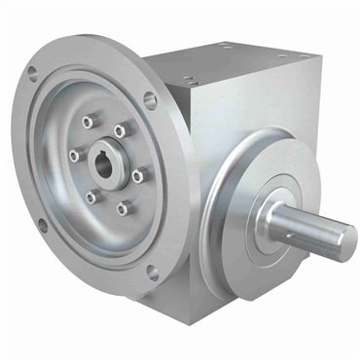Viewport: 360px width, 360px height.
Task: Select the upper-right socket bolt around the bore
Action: (121, 130)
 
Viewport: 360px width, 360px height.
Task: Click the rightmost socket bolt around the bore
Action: (137, 176)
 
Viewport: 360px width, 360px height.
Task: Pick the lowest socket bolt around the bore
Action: (123, 207)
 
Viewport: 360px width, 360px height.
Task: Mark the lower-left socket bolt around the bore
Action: (91, 197)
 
